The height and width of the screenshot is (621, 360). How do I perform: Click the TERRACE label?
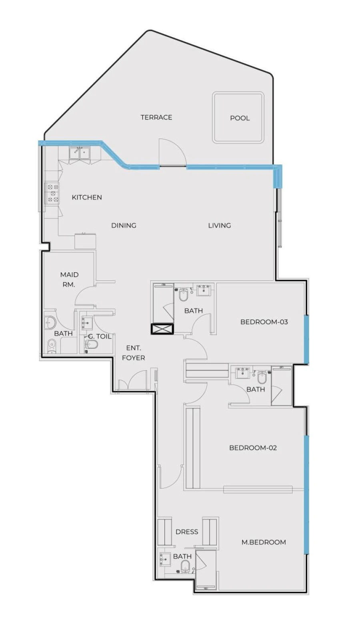point(156,117)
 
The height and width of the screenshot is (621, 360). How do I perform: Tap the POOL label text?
point(240,118)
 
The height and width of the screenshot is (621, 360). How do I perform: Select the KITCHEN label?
point(87,197)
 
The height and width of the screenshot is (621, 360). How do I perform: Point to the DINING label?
point(124,226)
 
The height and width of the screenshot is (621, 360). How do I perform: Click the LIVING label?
point(219,226)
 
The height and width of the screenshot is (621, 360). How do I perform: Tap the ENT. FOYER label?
point(133,353)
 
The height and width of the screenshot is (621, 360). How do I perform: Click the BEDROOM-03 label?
point(264,322)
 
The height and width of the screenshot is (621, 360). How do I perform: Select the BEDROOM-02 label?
point(253,448)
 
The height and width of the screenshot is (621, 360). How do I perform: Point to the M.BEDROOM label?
point(264,542)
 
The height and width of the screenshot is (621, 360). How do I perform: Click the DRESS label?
point(187,532)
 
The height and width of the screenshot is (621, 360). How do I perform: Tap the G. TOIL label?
point(100,337)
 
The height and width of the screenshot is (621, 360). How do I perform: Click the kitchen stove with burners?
point(53,193)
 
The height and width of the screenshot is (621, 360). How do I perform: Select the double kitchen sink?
point(80,153)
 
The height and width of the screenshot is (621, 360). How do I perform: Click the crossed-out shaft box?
point(162,329)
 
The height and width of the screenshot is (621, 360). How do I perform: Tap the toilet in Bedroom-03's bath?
point(184,295)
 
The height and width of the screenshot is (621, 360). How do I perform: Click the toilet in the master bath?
point(185,566)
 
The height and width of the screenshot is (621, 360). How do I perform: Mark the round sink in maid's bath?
point(50,321)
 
